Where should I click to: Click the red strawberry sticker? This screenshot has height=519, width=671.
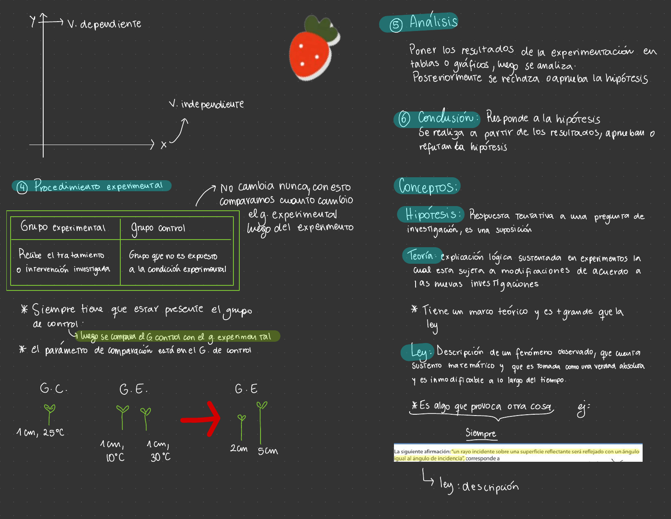pos(313,50)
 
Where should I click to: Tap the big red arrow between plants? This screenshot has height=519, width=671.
pos(202,419)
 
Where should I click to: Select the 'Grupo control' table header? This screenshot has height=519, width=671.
pos(158,228)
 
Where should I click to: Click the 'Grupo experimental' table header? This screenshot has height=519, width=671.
pos(63,227)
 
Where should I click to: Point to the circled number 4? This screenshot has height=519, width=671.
pos(22,187)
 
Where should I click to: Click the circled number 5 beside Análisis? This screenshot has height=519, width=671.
pos(396,25)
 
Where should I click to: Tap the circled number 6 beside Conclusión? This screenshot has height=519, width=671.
pos(404,119)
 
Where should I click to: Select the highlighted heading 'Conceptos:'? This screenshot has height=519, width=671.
pos(427,186)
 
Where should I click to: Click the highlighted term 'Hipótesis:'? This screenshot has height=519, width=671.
pos(430,214)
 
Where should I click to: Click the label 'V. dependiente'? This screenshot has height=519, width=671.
pos(104,24)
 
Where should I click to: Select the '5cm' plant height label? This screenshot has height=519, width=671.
pos(268,451)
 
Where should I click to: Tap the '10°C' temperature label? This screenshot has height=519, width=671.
pos(115,458)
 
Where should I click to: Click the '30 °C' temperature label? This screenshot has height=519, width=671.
pos(161,457)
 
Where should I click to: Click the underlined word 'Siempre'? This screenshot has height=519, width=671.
pos(481,433)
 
